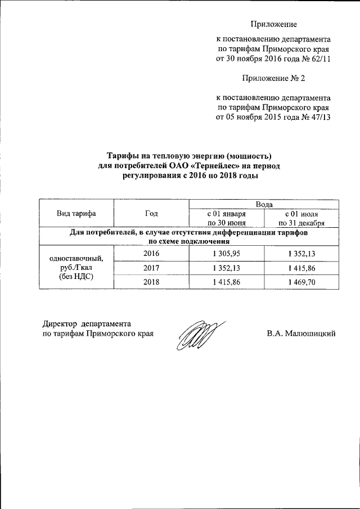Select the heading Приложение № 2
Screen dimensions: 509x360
pos(273,78)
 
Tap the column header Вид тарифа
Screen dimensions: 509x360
pos(76,213)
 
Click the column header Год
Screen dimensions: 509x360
pos(151,213)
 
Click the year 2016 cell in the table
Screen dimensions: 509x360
pos(151,254)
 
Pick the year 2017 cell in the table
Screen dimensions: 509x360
pos(151,268)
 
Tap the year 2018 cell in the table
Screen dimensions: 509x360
pos(151,282)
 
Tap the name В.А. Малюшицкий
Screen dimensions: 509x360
pos(301,334)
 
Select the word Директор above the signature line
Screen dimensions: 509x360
pos(61,323)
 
